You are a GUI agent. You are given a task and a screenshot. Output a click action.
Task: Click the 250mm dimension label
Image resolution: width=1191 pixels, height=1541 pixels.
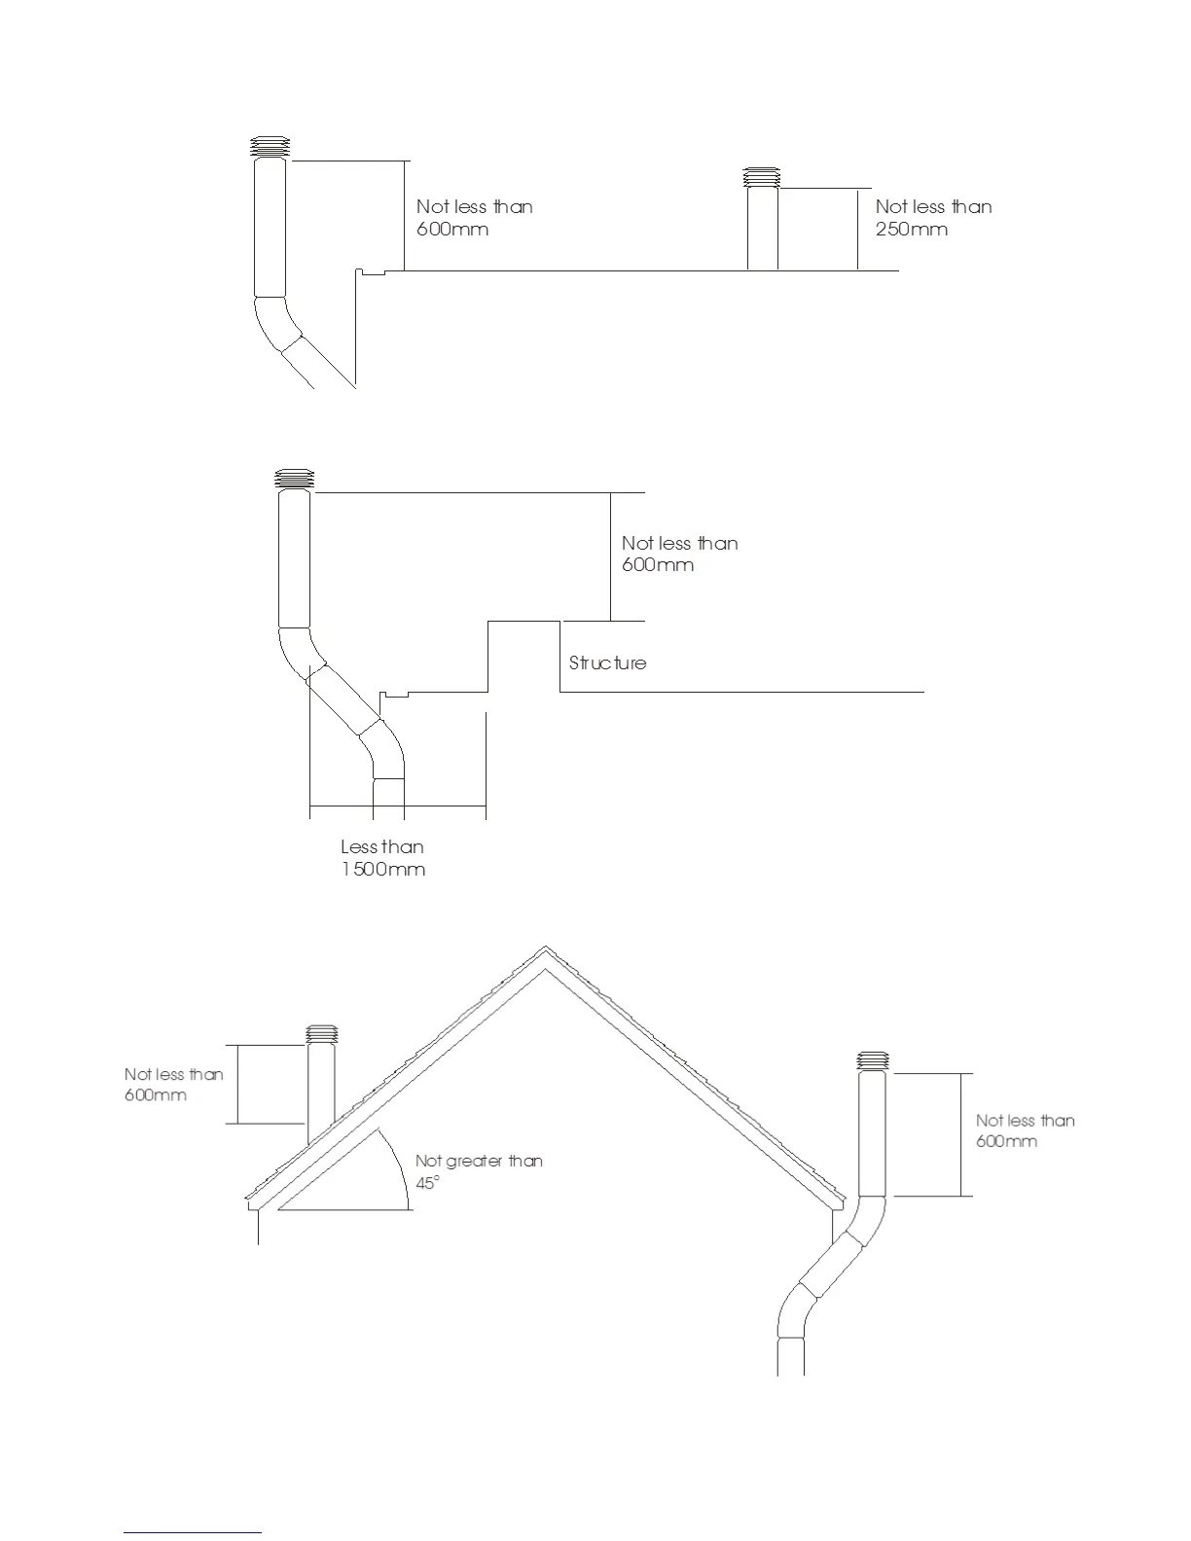tap(911, 230)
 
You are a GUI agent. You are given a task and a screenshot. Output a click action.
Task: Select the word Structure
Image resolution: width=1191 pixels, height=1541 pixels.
tap(607, 663)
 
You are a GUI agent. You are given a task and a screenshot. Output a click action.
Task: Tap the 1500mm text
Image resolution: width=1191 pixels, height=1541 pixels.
tap(383, 869)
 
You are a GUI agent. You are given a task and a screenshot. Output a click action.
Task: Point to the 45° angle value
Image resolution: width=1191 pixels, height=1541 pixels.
tap(427, 1182)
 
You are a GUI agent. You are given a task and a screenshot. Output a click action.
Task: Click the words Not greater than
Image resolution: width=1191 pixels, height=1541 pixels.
tap(479, 1161)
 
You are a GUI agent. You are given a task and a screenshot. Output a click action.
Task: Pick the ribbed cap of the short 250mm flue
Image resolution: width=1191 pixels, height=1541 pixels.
tap(762, 177)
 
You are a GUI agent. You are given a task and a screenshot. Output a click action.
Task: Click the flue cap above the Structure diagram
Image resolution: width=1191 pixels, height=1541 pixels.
tap(294, 479)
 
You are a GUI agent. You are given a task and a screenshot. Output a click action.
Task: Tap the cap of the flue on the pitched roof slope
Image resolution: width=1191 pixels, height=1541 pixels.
tap(321, 1034)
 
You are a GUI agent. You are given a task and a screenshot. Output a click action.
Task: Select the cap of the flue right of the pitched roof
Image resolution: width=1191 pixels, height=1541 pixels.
tap(873, 1060)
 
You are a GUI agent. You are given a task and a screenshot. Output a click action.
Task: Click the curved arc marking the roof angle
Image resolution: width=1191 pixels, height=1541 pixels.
tap(398, 1167)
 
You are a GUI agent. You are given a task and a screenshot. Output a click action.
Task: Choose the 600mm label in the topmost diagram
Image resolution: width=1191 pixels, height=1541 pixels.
tap(451, 230)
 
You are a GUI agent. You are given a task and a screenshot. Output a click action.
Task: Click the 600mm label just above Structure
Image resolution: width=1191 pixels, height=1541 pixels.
tap(658, 565)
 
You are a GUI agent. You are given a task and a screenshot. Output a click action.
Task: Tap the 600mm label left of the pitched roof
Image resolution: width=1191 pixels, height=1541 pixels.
tap(156, 1095)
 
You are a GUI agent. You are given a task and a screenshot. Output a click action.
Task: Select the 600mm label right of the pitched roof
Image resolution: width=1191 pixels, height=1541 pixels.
tap(1006, 1141)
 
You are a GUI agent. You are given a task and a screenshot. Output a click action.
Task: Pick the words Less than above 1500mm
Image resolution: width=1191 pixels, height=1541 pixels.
tap(382, 846)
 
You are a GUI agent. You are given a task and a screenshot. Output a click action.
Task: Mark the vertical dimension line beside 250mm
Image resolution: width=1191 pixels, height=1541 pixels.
tap(857, 229)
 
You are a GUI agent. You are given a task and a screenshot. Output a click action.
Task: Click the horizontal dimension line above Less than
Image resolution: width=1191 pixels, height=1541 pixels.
tap(397, 806)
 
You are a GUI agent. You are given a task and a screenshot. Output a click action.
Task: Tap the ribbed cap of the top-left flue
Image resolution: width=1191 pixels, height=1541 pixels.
tap(270, 148)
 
